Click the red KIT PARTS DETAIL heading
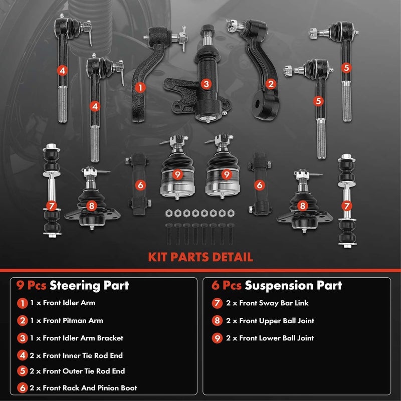[x=200, y=257]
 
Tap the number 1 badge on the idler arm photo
[x=141, y=87]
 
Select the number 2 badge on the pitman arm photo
[x=271, y=84]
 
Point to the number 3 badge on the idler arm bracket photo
[x=206, y=84]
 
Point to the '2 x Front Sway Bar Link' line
[x=266, y=303]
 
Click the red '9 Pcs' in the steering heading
[x=31, y=286]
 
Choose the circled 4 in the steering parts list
[x=22, y=356]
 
